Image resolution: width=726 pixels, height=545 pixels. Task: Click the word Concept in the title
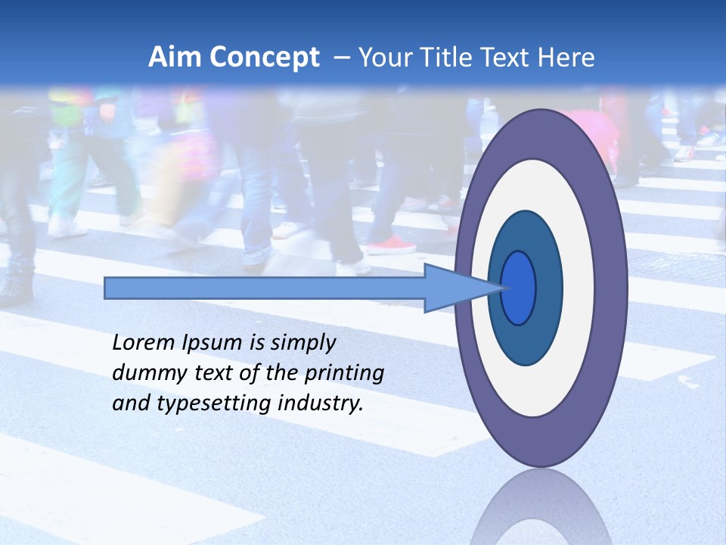[x=264, y=58]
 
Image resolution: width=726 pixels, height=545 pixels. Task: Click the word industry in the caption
[x=321, y=403]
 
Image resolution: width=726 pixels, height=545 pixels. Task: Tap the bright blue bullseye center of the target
[x=518, y=288]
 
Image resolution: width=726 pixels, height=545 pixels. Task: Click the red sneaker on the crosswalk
[x=392, y=244]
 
